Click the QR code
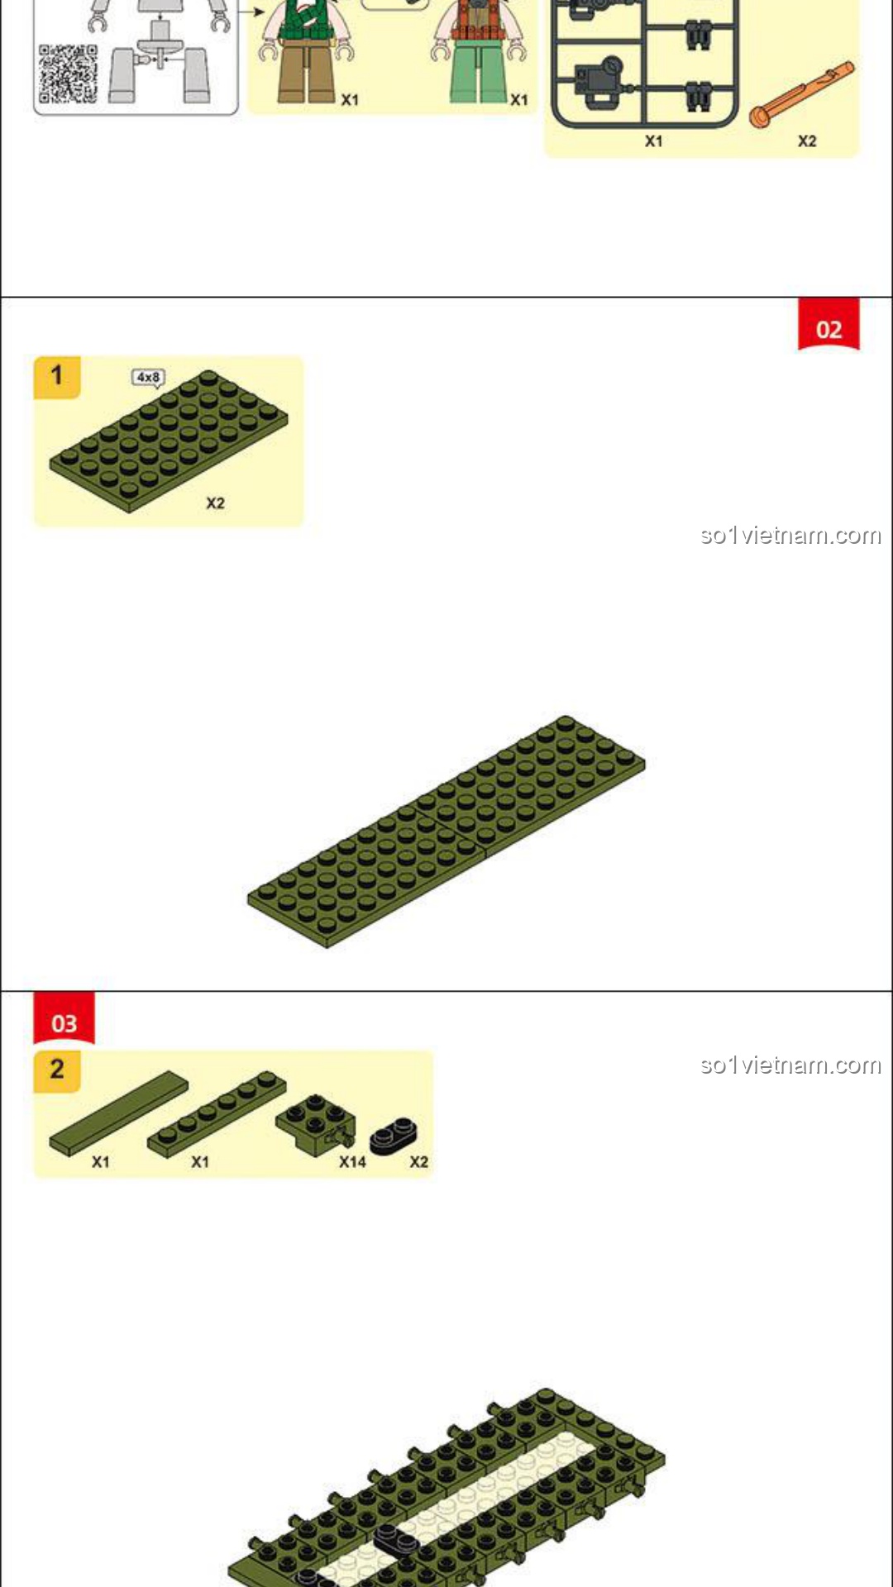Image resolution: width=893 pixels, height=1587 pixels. (69, 74)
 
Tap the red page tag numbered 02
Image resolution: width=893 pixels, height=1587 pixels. (829, 324)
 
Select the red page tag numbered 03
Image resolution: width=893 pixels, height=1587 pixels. (64, 1018)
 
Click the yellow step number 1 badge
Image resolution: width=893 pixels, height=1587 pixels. (56, 377)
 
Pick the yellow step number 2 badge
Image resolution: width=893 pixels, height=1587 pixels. (56, 1071)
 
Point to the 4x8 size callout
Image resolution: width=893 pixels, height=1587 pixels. (149, 378)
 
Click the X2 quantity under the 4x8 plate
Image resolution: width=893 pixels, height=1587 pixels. (215, 503)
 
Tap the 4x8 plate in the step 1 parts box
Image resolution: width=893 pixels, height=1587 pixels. (169, 441)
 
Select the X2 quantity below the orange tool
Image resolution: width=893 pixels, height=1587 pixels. (807, 141)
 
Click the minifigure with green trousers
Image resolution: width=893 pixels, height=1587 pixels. (478, 51)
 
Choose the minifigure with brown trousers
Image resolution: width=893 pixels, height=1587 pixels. (307, 51)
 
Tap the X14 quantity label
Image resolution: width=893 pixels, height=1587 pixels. (352, 1161)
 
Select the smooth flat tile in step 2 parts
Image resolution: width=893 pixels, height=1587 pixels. (118, 1113)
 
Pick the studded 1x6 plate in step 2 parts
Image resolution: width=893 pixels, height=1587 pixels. (217, 1113)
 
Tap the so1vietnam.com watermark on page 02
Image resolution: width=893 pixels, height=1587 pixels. (790, 536)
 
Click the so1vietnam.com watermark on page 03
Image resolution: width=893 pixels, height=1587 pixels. (790, 1065)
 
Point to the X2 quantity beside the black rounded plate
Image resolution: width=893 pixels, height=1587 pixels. (419, 1161)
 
